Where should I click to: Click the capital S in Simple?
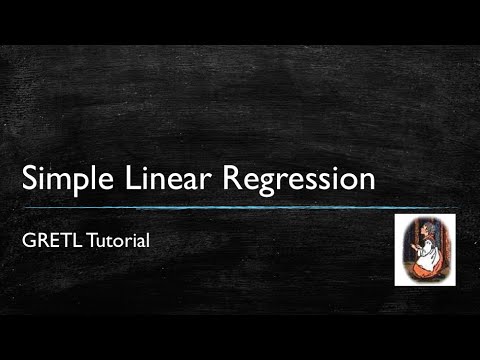pos(30,179)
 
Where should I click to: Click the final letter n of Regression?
pos(366,182)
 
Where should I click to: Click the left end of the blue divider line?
pos(22,207)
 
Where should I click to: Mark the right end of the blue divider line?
pos(458,207)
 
